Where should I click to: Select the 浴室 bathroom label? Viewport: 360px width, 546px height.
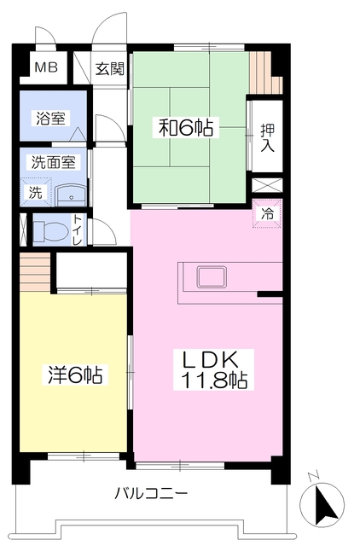click(x=49, y=119)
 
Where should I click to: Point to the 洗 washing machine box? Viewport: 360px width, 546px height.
click(x=36, y=191)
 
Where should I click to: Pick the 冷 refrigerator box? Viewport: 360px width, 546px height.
click(x=267, y=214)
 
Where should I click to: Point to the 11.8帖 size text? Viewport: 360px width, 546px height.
click(x=213, y=380)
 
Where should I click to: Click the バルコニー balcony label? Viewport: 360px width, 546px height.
click(x=150, y=493)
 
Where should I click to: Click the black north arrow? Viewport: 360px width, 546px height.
click(x=324, y=504)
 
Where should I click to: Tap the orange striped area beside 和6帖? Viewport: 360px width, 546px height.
click(x=265, y=73)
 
